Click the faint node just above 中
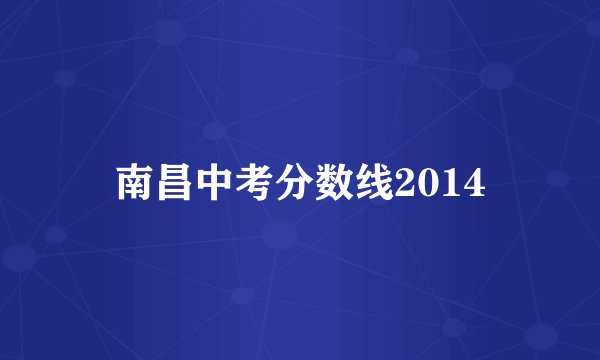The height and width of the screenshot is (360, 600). click(x=212, y=131)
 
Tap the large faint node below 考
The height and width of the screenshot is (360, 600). click(x=280, y=236)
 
